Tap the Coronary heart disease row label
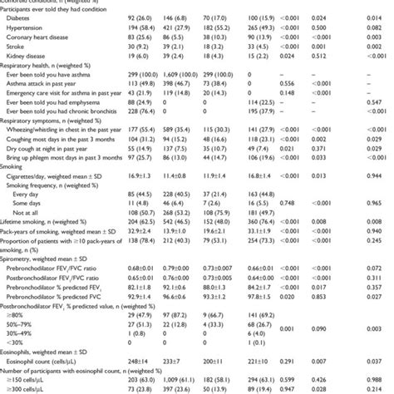(47, 38)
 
